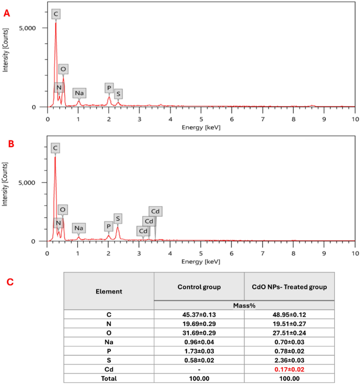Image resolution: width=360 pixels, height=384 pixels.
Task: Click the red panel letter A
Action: (x=6, y=13)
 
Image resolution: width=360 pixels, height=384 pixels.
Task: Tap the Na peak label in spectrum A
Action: (x=79, y=93)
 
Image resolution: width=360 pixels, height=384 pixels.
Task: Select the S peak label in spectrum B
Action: (x=118, y=218)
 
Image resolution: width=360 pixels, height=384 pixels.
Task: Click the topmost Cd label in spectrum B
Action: (x=156, y=211)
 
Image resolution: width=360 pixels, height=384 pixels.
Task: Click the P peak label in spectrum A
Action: (x=109, y=88)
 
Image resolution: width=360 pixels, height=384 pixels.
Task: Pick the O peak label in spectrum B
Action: (x=63, y=210)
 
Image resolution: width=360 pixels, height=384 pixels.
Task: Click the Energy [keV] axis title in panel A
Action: (x=201, y=127)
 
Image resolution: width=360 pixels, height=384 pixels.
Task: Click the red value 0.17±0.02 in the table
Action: (x=289, y=370)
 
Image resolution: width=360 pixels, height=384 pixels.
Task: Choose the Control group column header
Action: (x=199, y=287)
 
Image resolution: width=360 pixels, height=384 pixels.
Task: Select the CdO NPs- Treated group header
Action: (x=289, y=287)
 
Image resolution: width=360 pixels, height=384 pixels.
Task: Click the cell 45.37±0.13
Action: (x=199, y=314)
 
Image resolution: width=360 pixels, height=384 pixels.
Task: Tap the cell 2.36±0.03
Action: (x=289, y=360)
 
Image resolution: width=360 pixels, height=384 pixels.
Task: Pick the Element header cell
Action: (x=109, y=291)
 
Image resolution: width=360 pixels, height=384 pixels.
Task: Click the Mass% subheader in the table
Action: (x=244, y=305)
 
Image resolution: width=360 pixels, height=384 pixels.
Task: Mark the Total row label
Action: (x=109, y=379)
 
